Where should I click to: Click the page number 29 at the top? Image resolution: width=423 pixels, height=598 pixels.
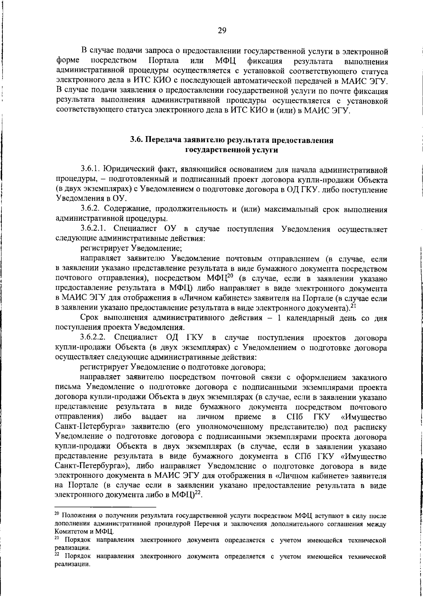222,30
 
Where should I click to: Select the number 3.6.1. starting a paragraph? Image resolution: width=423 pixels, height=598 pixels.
92,170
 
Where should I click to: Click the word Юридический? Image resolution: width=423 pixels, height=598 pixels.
133,170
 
